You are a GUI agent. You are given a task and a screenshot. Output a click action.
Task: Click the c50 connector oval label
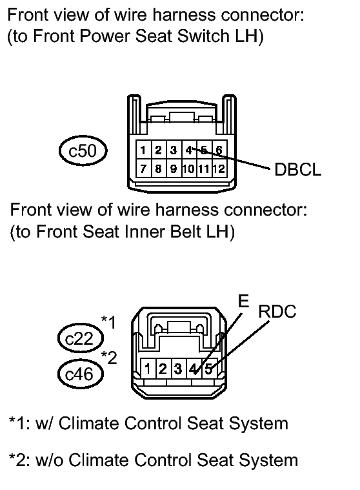click(83, 150)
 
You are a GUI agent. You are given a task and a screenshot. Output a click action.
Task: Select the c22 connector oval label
click(81, 338)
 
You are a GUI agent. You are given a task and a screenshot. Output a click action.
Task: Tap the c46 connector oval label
click(81, 374)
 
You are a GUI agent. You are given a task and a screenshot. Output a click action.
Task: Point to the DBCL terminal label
click(297, 170)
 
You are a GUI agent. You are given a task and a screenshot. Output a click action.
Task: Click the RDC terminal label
click(277, 312)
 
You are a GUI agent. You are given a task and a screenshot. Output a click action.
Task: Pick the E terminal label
click(243, 301)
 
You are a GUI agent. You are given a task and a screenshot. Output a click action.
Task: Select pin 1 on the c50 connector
click(143, 150)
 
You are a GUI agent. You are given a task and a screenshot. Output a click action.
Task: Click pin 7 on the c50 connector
click(143, 168)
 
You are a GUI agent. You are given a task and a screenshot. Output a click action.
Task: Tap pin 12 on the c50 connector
click(219, 168)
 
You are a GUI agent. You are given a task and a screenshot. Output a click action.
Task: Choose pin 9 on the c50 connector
click(174, 168)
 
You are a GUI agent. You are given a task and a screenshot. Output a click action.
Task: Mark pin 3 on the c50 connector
click(174, 150)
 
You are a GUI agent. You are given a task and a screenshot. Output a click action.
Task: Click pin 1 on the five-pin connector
click(148, 369)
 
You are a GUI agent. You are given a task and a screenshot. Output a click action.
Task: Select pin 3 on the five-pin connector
click(178, 369)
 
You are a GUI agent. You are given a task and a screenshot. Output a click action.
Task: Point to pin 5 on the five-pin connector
click(208, 369)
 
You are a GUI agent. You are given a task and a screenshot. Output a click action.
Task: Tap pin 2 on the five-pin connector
click(163, 369)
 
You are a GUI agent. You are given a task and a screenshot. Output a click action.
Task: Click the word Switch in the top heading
click(203, 36)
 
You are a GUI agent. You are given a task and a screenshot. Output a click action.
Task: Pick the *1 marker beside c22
click(108, 322)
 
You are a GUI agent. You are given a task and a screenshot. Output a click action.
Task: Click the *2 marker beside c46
click(109, 358)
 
